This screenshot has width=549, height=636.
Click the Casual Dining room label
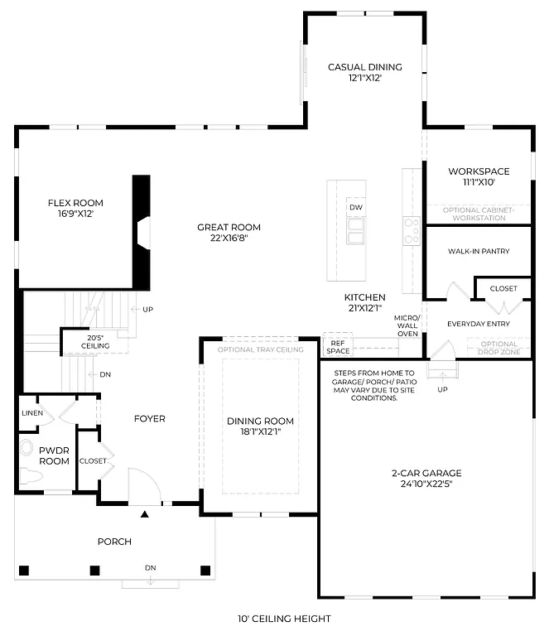pyautogui.click(x=364, y=67)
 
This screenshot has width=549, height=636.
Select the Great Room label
pyautogui.click(x=229, y=227)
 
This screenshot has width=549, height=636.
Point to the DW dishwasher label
pyautogui.click(x=355, y=207)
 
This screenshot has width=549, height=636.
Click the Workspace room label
pyautogui.click(x=479, y=171)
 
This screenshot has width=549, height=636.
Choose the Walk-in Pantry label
pyautogui.click(x=479, y=251)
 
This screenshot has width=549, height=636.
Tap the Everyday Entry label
pyautogui.click(x=478, y=324)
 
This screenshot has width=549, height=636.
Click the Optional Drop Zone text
pyautogui.click(x=498, y=348)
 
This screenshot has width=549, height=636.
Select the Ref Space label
pyautogui.click(x=337, y=346)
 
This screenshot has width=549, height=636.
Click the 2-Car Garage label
pyautogui.click(x=426, y=473)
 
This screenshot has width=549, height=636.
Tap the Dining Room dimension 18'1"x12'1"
pyautogui.click(x=260, y=431)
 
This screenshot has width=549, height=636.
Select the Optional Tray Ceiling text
pyautogui.click(x=260, y=349)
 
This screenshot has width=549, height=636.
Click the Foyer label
pyautogui.click(x=149, y=418)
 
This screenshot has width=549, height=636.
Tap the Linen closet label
pyautogui.click(x=31, y=412)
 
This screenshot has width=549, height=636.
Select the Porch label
pyautogui.click(x=114, y=542)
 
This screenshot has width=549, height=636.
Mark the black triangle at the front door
pyautogui.click(x=146, y=515)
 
